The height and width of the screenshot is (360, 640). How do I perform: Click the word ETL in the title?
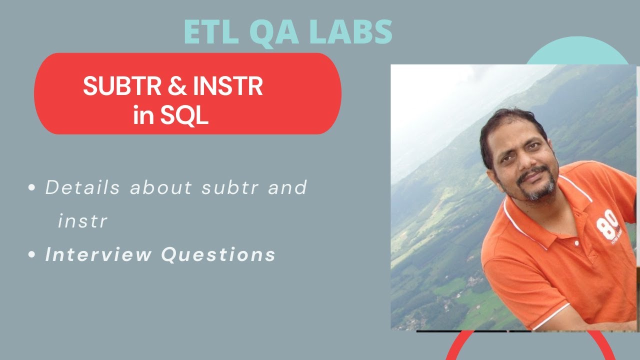tap(211, 32)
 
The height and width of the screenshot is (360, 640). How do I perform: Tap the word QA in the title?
tap(274, 33)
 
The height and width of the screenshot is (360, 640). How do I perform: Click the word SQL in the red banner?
tap(184, 115)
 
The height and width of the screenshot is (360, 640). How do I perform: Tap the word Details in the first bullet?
tap(82, 187)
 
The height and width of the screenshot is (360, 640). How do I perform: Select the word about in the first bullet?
tap(161, 187)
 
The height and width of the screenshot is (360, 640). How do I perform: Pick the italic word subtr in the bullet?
tap(230, 187)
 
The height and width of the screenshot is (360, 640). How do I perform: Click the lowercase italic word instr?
tap(82, 221)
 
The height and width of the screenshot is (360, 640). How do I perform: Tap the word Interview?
tap(98, 254)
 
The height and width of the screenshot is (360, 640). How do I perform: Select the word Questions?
tap(218, 254)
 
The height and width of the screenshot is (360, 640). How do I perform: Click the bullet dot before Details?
tap(31, 187)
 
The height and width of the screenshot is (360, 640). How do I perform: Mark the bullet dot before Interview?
tap(31, 254)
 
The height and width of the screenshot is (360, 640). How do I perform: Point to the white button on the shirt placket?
tap(576, 243)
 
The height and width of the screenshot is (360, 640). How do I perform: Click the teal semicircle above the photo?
tap(577, 51)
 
